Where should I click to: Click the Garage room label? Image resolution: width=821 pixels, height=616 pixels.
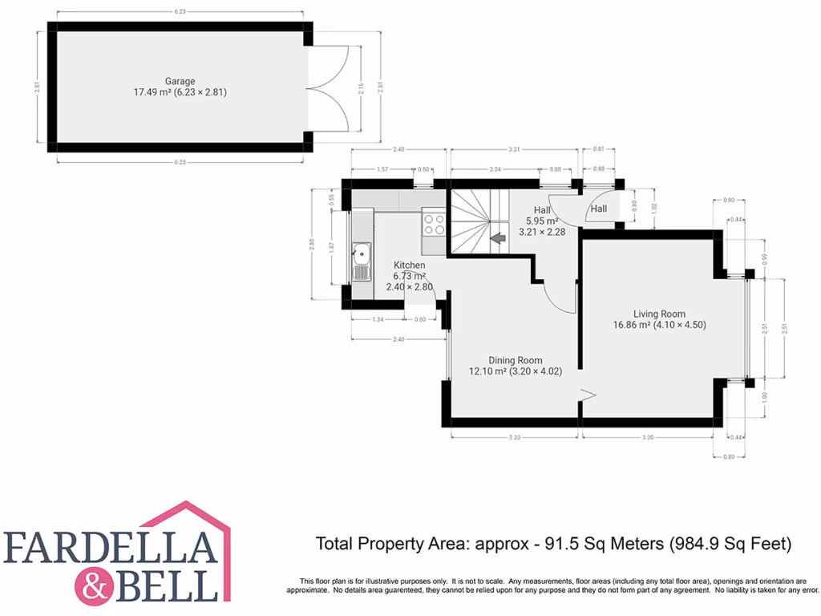coord(180,81)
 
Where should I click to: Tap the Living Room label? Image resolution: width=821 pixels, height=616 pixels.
coord(659,314)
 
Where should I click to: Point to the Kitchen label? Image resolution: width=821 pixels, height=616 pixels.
coord(409,265)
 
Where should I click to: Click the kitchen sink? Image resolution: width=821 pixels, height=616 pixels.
coord(361,262)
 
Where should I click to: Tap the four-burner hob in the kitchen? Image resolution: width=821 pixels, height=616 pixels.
coord(434,223)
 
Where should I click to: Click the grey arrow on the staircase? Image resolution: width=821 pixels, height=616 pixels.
coord(497,238)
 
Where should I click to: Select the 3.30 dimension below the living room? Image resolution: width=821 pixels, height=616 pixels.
coord(648,437)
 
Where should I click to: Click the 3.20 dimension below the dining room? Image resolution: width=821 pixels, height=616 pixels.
coord(515,437)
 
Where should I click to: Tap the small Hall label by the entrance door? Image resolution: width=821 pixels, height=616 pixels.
coord(599,209)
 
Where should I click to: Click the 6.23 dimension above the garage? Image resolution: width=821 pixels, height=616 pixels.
coord(180,12)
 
